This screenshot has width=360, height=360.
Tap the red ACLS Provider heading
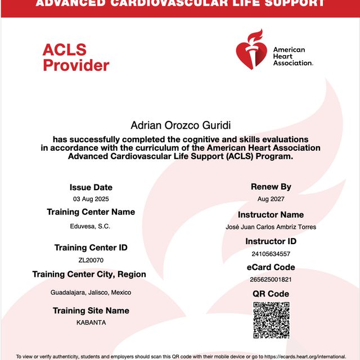pos(75,58)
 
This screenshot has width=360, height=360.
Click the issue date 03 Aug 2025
pos(91,200)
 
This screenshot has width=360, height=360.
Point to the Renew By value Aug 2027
pos(271,199)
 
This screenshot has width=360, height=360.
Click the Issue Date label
pos(91,187)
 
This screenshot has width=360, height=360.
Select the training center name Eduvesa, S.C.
pos(91,226)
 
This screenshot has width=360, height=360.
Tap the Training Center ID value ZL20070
pos(91,260)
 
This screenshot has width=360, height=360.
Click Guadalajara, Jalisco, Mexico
pos(91,292)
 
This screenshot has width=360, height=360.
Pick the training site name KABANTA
pos(91,323)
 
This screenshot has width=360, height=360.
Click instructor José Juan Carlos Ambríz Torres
pos(271,227)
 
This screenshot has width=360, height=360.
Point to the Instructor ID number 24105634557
pos(271,254)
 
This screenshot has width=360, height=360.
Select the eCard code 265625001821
pos(271,280)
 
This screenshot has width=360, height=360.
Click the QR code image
pos(271,321)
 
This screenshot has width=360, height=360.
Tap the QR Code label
pos(271,294)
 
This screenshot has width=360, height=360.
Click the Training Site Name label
pos(91,310)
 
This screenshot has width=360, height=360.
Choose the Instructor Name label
pos(271,215)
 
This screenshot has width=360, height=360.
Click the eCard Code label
pos(271,267)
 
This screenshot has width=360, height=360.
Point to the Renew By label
pos(271,187)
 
